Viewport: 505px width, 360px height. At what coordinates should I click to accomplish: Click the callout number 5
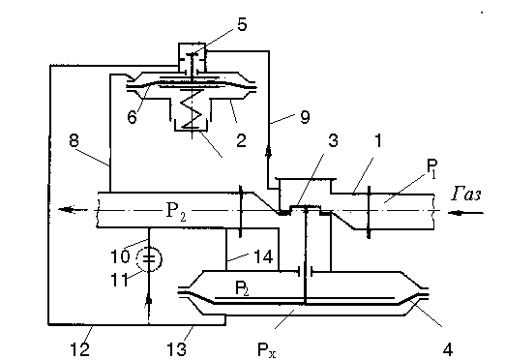point(242,24)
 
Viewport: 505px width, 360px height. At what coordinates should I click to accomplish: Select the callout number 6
point(133,116)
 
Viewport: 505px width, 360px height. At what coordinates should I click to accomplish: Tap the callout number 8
point(74,140)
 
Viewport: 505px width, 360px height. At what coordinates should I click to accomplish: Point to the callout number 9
point(305,116)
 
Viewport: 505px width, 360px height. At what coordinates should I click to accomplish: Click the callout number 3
point(333,140)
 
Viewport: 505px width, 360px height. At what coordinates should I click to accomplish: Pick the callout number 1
point(378,140)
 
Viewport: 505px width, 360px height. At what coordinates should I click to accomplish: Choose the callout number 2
point(241,140)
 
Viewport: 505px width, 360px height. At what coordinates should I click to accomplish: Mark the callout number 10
point(120,255)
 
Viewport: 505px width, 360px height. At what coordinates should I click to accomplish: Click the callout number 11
point(119,279)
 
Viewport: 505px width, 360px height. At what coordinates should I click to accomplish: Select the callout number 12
point(80,348)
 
